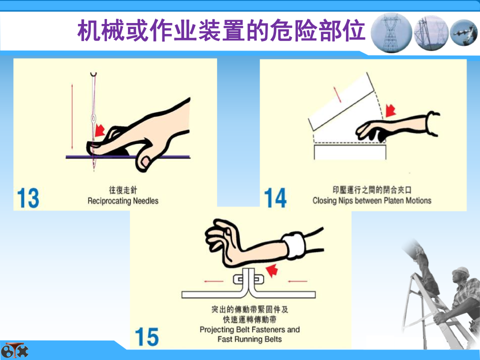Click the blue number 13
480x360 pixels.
[28, 198]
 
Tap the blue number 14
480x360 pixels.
[275, 198]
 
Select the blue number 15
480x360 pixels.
[147, 336]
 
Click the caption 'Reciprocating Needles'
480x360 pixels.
[123, 201]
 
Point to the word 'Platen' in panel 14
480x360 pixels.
[393, 200]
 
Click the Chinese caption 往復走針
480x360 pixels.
[123, 190]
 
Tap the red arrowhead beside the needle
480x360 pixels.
[100, 130]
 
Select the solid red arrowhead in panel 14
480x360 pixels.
[390, 110]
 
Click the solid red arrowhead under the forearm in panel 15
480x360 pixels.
[271, 270]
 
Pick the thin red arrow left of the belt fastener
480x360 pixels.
[213, 281]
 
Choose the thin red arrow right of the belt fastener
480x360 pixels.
[297, 280]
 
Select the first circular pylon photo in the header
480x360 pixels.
[391, 33]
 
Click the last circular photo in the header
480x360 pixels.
[464, 32]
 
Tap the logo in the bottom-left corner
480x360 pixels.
[14, 350]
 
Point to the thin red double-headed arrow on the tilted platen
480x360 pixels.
[337, 94]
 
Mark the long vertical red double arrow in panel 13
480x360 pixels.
[72, 116]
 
